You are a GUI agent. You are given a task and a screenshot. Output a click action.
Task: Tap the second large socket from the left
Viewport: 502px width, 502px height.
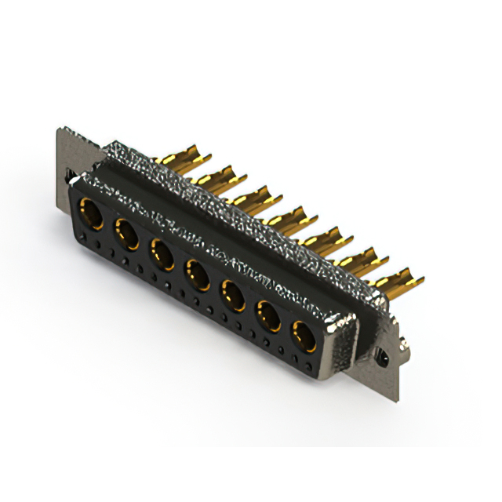point(125,233)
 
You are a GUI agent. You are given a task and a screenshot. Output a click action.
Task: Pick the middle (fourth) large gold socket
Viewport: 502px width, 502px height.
point(196,275)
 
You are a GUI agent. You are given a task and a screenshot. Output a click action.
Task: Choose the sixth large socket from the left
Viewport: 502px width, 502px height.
point(268,317)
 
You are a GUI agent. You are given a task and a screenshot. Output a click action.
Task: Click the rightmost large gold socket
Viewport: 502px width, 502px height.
point(304,337)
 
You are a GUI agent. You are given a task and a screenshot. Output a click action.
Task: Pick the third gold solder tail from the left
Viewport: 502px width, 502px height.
point(255,197)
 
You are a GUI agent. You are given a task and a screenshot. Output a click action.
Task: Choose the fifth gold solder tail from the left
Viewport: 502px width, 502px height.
point(328,238)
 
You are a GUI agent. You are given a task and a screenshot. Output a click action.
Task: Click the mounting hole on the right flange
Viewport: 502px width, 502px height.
point(384,357)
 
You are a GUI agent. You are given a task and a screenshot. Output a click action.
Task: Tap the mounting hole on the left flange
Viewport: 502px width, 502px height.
point(68,173)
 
